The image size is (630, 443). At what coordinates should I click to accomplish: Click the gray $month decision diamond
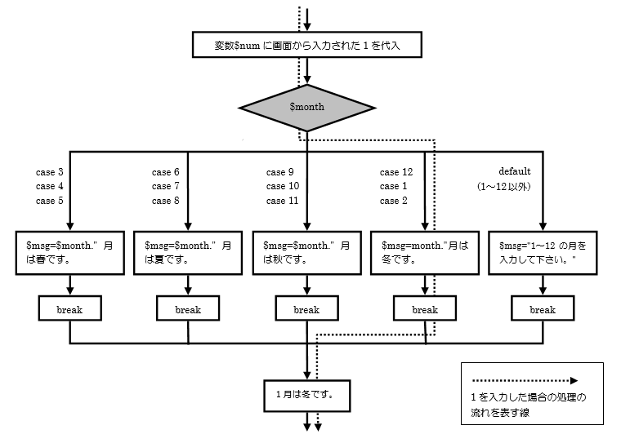pos(307,107)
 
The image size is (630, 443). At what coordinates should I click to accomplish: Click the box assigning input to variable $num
pos(307,46)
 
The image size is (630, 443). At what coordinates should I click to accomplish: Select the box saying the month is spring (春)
pos(69,252)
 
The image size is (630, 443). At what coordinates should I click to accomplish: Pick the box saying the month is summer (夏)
pos(188,252)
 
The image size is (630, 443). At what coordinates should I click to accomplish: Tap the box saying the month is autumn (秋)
pos(306,252)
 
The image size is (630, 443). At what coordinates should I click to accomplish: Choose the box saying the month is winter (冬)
pos(424,252)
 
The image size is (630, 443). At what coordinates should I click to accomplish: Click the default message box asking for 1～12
pos(543,252)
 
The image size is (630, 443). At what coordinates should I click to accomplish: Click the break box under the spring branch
pos(69,309)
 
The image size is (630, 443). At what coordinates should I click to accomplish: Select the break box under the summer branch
pos(188,309)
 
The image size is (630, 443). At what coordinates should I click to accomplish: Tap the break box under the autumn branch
pos(306,309)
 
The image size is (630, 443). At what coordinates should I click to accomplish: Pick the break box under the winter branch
pos(425,309)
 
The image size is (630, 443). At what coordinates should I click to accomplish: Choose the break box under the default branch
pos(543,309)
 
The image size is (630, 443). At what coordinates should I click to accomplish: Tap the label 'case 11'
pos(282,201)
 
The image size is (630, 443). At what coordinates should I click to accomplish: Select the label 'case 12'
pos(396,172)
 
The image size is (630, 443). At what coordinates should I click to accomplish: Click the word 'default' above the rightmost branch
pos(515,171)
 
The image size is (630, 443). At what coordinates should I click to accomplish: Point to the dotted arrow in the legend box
pos(523,380)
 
